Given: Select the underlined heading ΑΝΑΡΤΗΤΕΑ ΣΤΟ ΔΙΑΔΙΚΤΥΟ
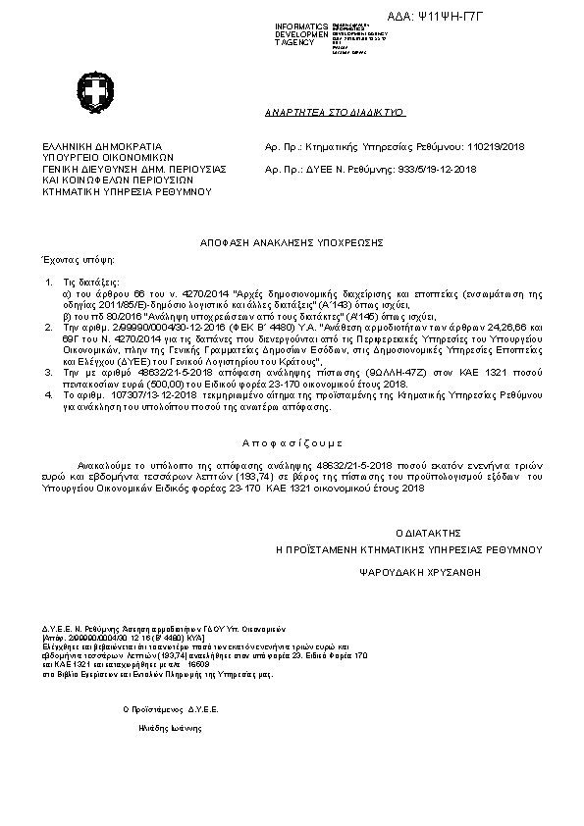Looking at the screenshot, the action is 336,114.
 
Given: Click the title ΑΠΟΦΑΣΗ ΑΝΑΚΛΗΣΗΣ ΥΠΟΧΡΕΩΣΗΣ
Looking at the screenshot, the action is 291,240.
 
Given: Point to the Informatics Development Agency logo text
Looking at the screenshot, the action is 301,34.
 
